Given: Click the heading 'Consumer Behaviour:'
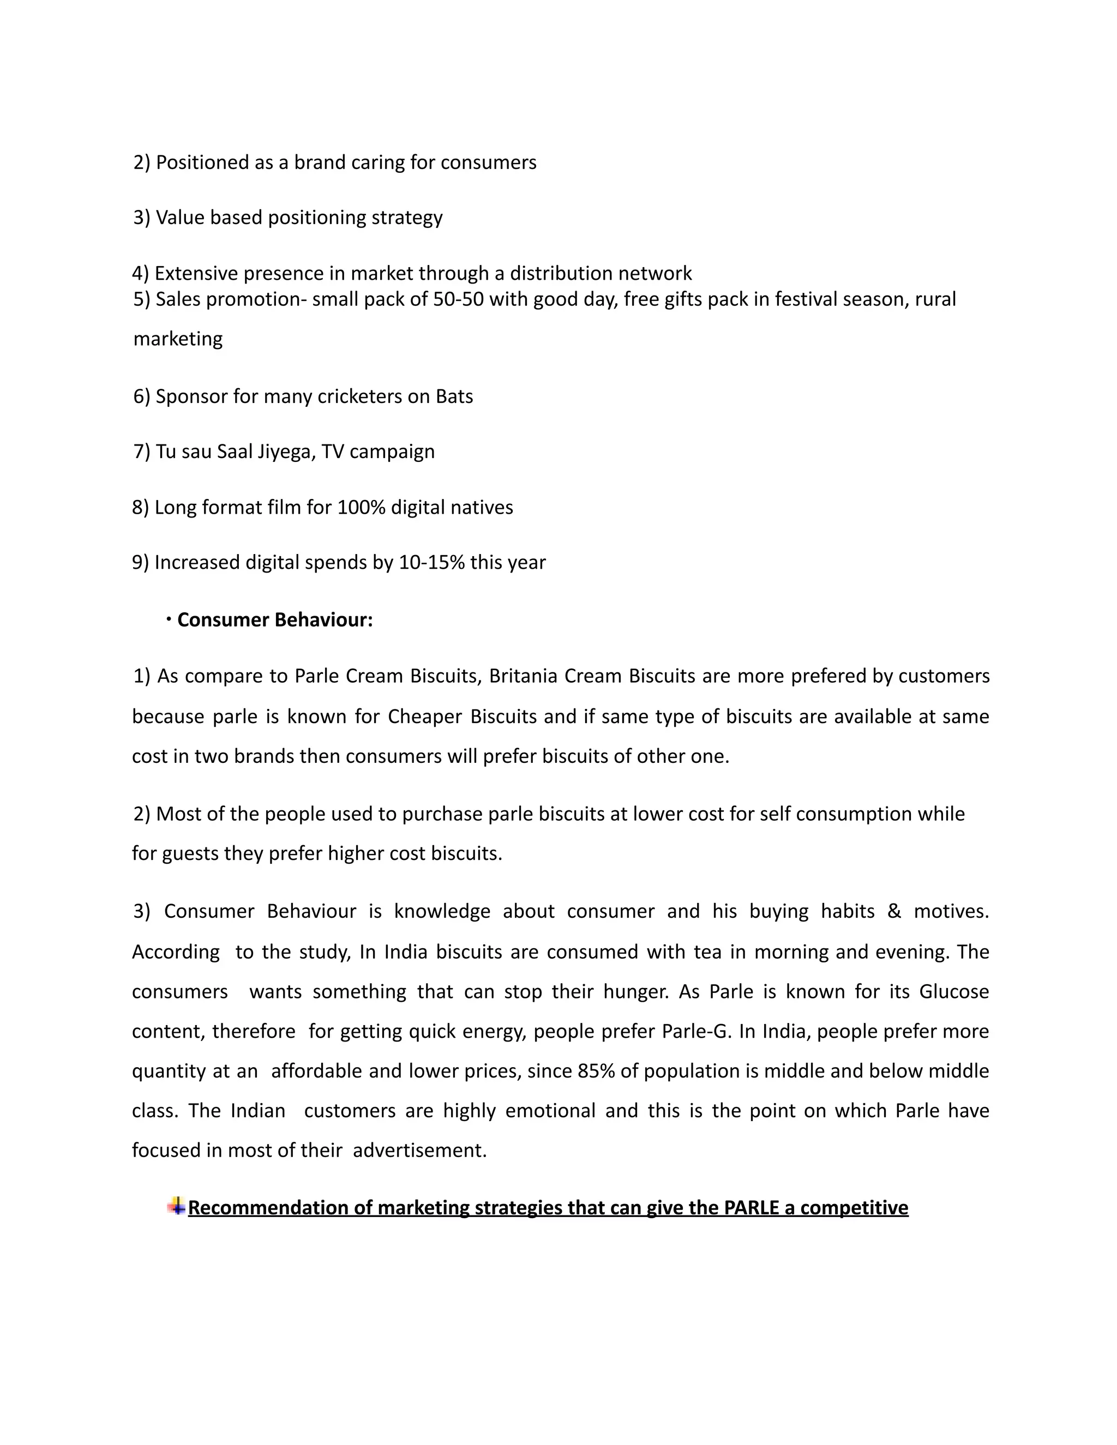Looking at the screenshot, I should (x=275, y=620).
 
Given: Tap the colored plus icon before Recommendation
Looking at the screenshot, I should (x=176, y=1206).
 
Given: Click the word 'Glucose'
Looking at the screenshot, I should (x=953, y=992).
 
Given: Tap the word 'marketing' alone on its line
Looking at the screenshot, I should (x=178, y=339).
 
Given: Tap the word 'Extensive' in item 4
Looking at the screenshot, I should (x=196, y=273).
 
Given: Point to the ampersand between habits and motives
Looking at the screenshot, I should (x=894, y=911).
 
